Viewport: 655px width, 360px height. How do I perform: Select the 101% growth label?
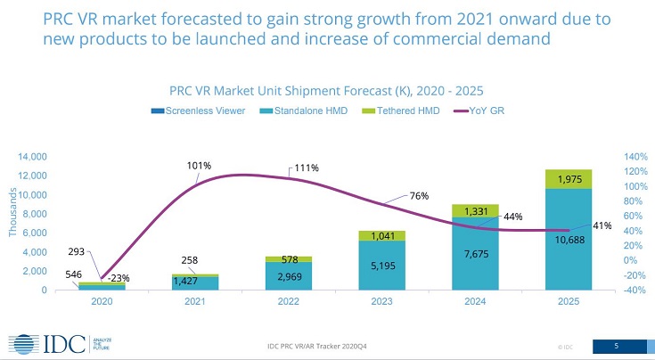coord(198,166)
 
